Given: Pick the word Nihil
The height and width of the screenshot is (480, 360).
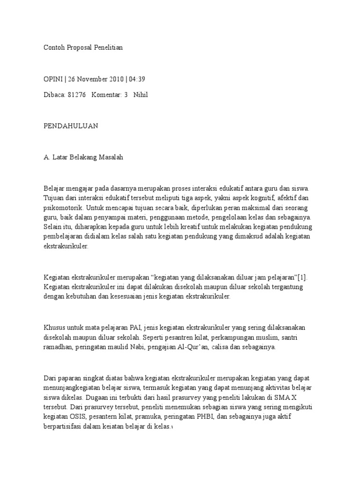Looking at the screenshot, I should click(x=141, y=95).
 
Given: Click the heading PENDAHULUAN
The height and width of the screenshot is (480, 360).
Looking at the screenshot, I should click(x=71, y=127).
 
